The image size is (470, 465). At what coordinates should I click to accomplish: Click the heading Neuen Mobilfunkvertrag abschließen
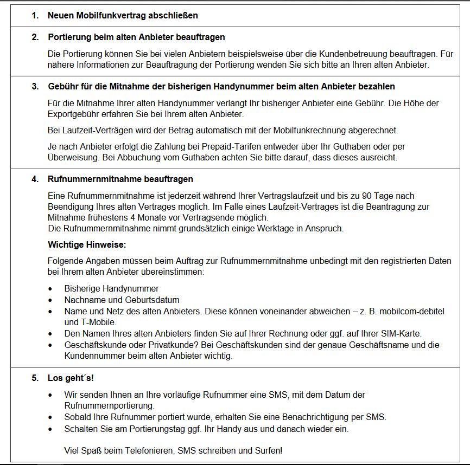coord(123,16)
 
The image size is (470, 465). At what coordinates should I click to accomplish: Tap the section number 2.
coord(35,37)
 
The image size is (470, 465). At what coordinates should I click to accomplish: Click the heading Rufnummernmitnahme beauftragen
coord(120,179)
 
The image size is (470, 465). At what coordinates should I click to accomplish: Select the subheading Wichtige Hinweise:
coord(87,244)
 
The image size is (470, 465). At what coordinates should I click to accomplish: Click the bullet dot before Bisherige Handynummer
coord(51,289)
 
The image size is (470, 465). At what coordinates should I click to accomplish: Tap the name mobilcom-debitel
coord(410,311)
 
